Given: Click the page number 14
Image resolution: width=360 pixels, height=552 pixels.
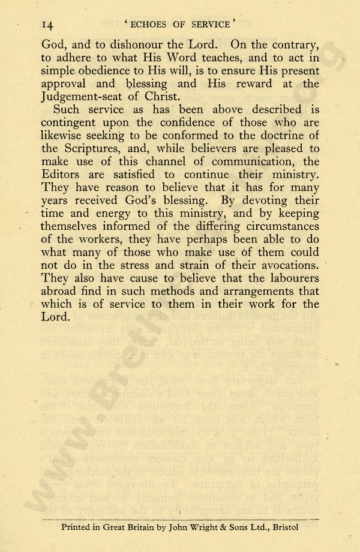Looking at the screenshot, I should tap(49, 25).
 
